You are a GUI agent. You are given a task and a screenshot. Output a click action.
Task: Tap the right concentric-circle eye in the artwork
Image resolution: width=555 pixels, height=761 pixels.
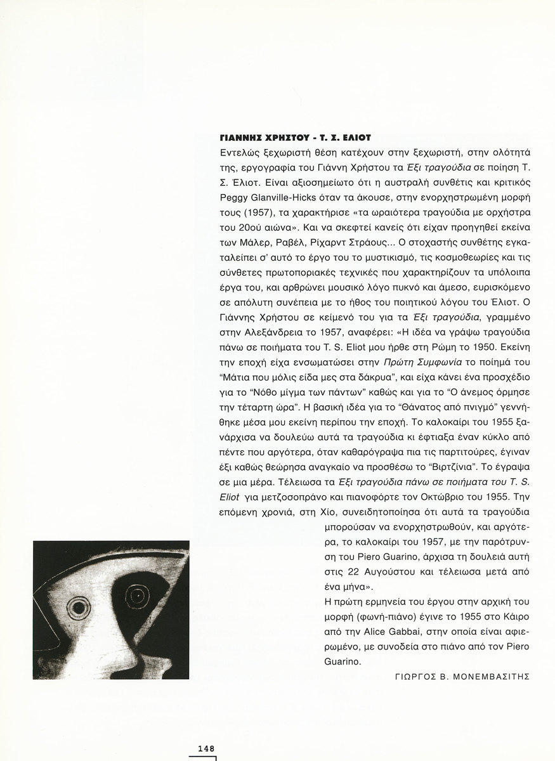coord(134,596)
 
